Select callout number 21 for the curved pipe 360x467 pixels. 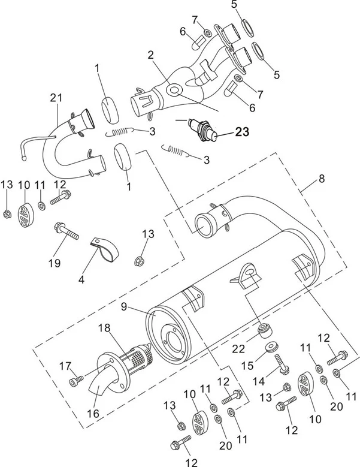(57, 98)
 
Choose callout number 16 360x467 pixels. (93, 413)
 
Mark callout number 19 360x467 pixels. (55, 263)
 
